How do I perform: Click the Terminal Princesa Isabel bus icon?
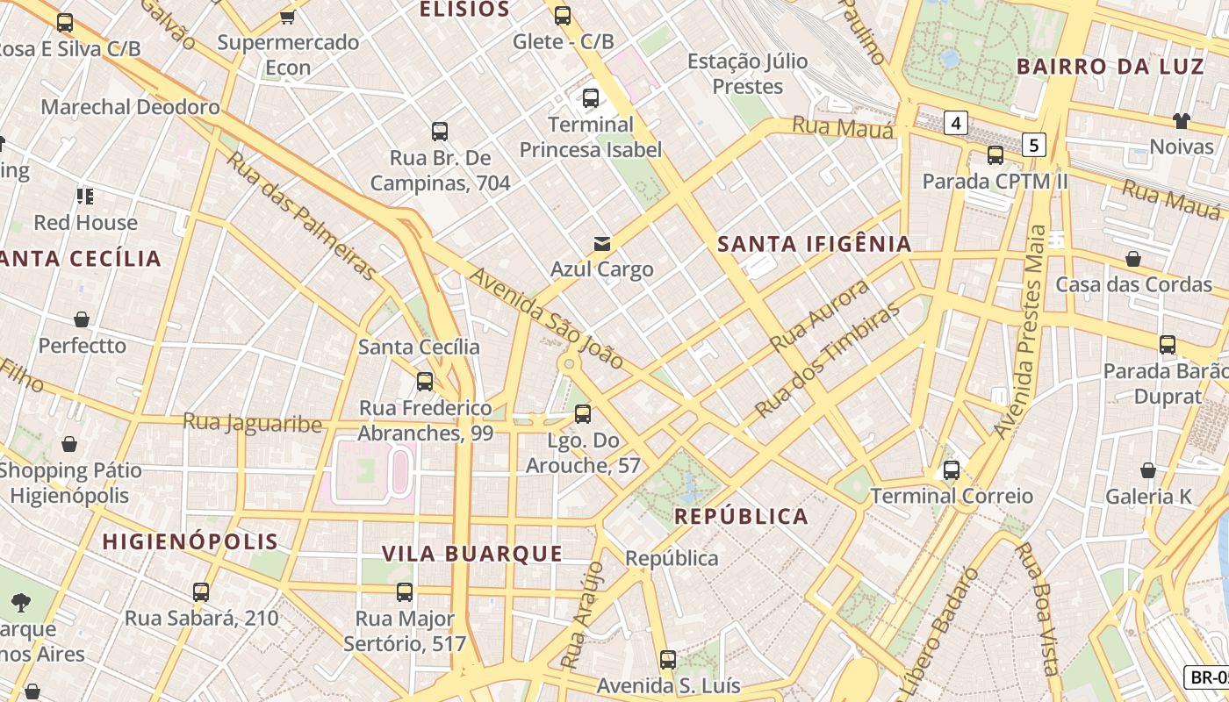590,98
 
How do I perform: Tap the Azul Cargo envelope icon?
602,244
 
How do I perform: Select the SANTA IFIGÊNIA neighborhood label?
815,244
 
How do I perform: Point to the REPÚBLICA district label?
742,516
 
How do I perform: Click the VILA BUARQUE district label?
472,553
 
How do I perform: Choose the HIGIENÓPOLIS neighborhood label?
190,541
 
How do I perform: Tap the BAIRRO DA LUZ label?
1110,67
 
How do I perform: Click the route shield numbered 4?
956,123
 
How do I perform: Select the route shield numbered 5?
1035,145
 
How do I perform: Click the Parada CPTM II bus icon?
995,155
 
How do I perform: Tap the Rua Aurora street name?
820,314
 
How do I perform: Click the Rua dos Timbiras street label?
828,360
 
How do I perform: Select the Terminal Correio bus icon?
952,470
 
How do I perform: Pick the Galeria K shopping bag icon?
1147,470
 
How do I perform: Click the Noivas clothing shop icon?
1181,120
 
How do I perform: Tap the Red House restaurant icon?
85,196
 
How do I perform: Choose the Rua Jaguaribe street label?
252,423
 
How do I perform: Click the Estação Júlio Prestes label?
747,74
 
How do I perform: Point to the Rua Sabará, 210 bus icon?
201,592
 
